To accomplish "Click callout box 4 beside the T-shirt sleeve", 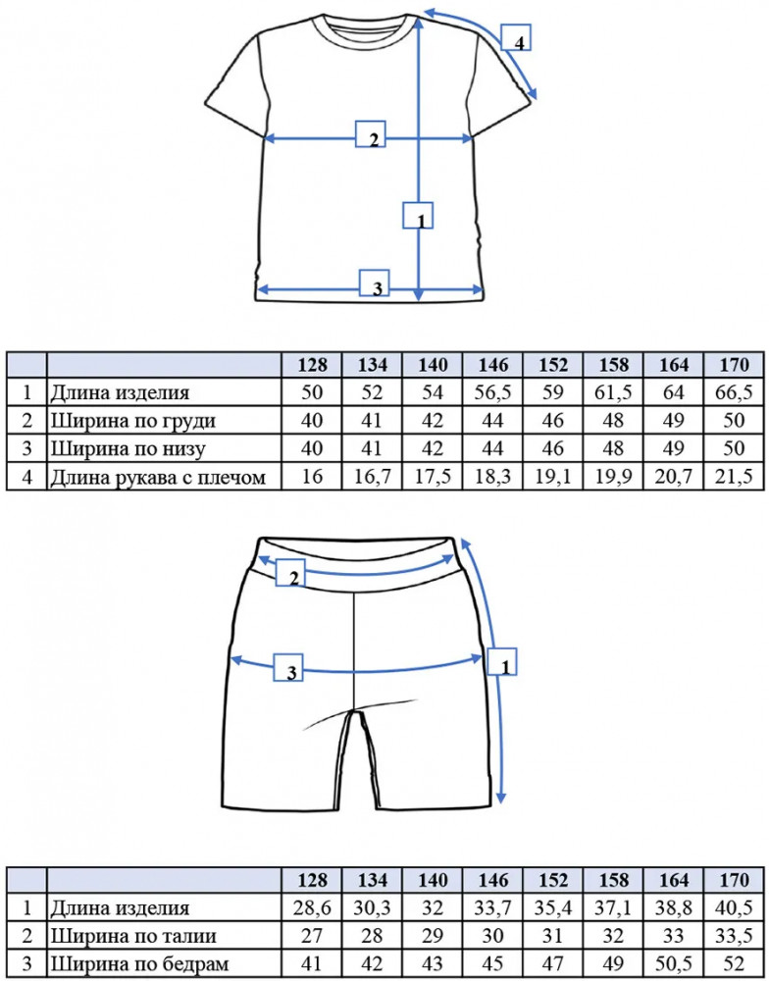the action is (x=516, y=37).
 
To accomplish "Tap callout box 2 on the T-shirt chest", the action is (x=371, y=133).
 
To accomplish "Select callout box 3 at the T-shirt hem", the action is (x=374, y=283).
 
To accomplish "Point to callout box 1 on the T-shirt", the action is (x=418, y=215).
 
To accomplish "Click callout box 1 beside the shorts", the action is (x=503, y=662).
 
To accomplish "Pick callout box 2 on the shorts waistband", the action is (x=290, y=573).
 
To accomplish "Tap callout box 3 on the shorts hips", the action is (x=288, y=667).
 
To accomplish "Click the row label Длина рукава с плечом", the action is (x=158, y=478).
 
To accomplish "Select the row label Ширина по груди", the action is (x=133, y=421).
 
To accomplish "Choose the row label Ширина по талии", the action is (x=134, y=936).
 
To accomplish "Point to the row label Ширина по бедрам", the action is (x=139, y=964).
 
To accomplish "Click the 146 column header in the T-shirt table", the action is (x=493, y=365).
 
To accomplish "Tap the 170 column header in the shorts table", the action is (x=735, y=880).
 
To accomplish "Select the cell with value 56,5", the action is (x=493, y=392).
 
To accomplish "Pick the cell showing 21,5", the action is (x=735, y=478).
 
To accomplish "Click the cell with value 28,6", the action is (x=312, y=907).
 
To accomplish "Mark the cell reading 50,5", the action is (x=674, y=964).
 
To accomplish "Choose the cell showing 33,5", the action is (x=735, y=936).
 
